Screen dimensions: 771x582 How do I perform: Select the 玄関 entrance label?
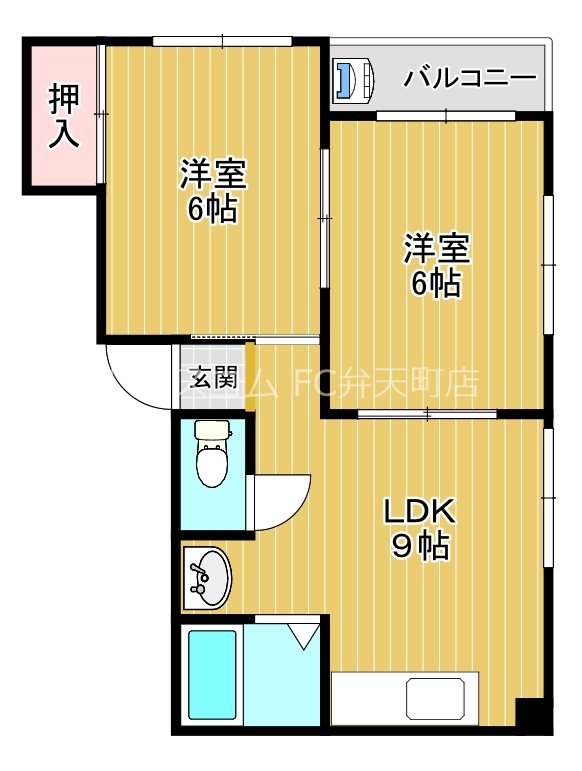(x=213, y=378)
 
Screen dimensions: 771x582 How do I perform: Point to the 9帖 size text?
(x=419, y=546)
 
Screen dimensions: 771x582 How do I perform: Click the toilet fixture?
(x=212, y=461)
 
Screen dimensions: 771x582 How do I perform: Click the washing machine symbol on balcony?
(x=352, y=80)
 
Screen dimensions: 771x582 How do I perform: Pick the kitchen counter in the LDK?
(x=406, y=698)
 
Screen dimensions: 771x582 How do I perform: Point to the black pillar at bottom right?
(x=532, y=714)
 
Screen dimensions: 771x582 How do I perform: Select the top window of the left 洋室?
(x=221, y=41)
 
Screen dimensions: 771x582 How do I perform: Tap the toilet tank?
(x=212, y=431)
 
